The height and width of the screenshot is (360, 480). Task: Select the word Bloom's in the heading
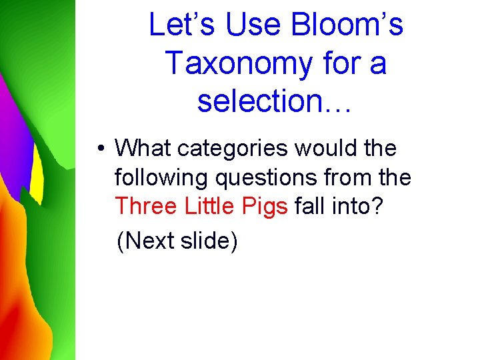point(347,25)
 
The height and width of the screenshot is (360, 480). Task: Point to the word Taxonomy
point(237,63)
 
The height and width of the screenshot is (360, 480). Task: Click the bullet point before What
point(98,149)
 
